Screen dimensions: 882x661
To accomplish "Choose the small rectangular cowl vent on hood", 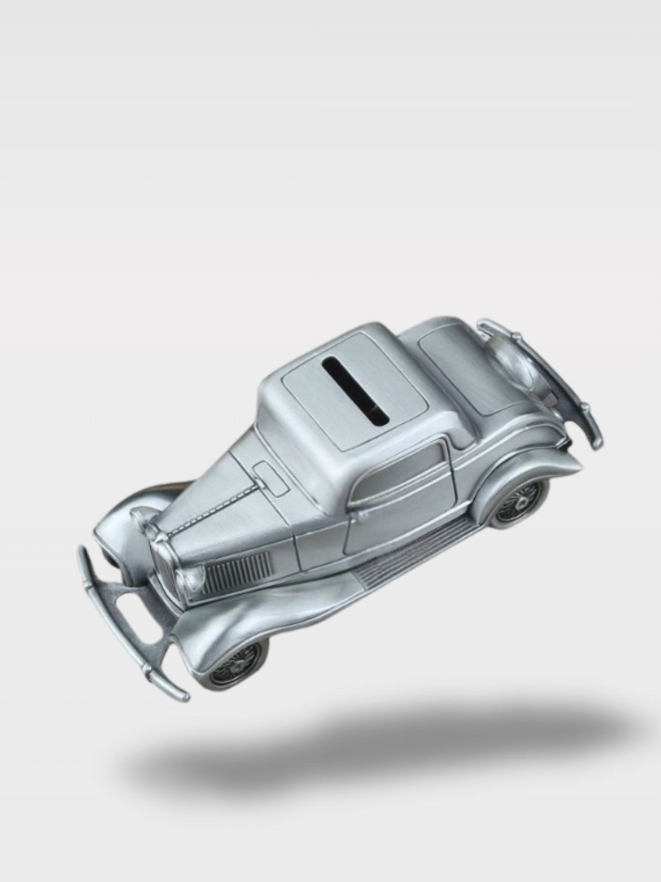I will pos(271,478).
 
